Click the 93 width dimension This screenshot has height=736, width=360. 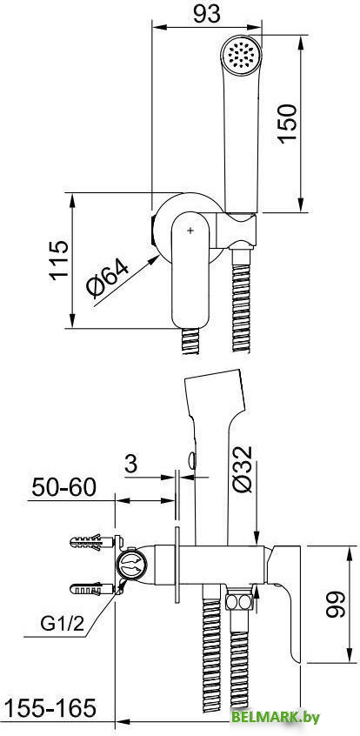pyautogui.click(x=206, y=14)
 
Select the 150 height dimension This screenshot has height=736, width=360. pyautogui.click(x=287, y=124)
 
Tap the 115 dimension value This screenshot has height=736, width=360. pyautogui.click(x=59, y=260)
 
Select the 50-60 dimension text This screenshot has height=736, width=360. pyautogui.click(x=63, y=488)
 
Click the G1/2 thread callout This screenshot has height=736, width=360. pyautogui.click(x=62, y=624)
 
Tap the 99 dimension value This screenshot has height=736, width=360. pyautogui.click(x=336, y=604)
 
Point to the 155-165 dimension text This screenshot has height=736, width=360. pyautogui.click(x=50, y=707)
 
